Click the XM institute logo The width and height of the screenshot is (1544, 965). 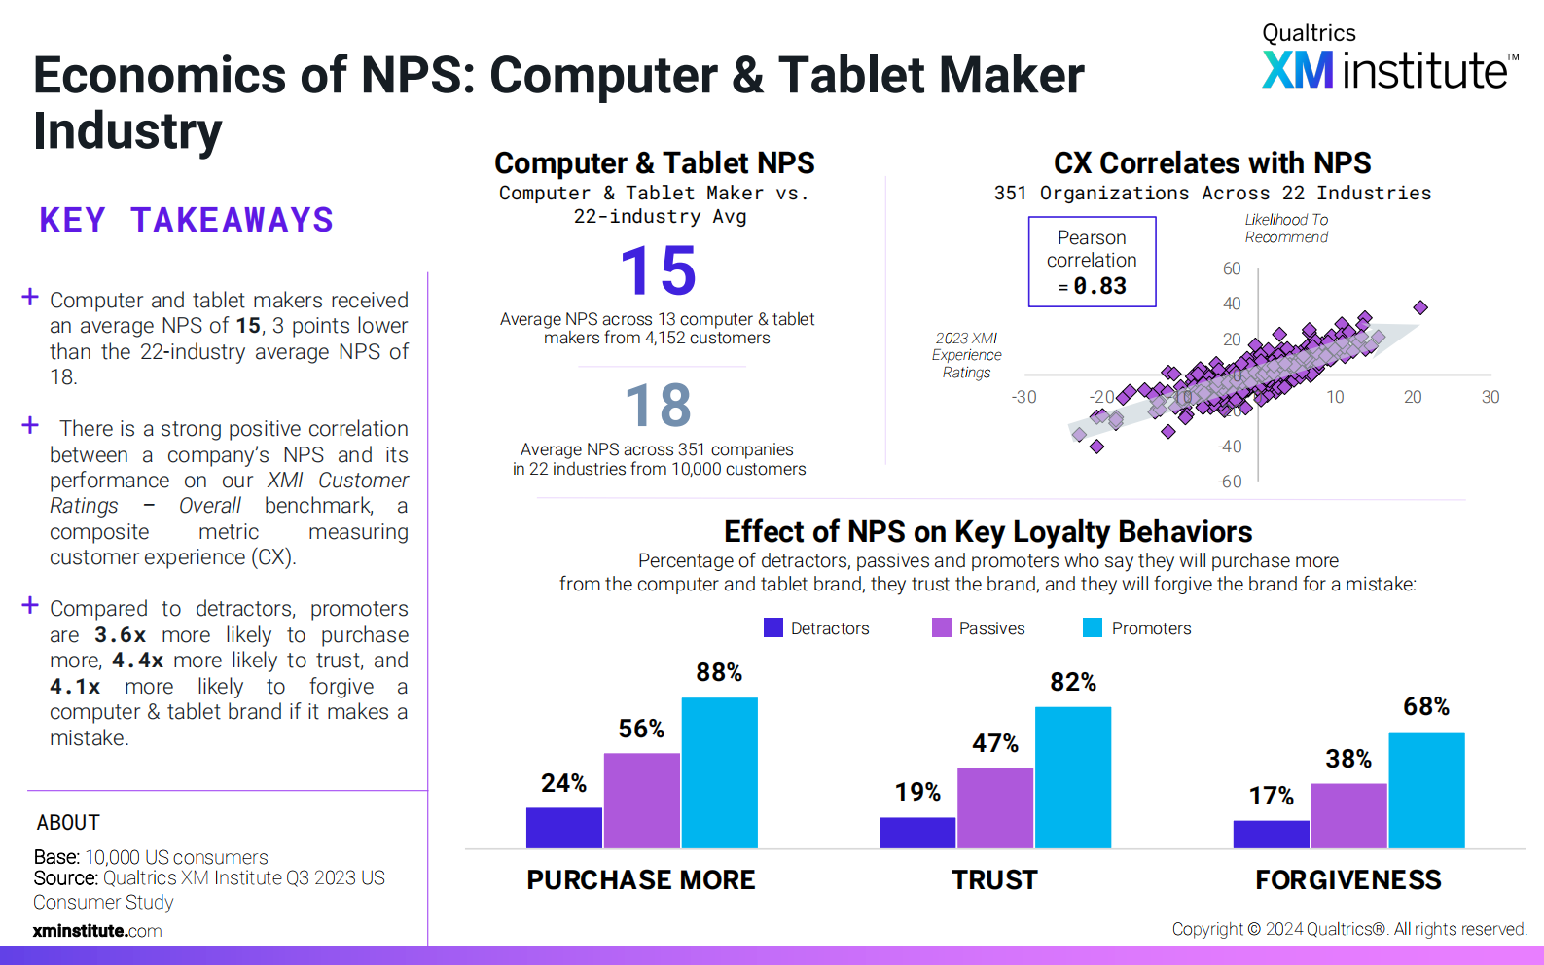pyautogui.click(x=1389, y=60)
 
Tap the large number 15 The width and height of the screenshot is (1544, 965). pyautogui.click(x=659, y=270)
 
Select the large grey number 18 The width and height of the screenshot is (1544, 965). pyautogui.click(x=659, y=405)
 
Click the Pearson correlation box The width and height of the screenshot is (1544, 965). pyautogui.click(x=1092, y=262)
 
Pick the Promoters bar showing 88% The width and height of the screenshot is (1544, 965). pyautogui.click(x=719, y=772)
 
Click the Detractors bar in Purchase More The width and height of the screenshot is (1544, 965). pyautogui.click(x=564, y=827)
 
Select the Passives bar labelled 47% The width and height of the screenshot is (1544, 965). pyautogui.click(x=995, y=807)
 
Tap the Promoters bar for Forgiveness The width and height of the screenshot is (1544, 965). pyautogui.click(x=1426, y=789)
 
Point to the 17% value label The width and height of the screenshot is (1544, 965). pyautogui.click(x=1271, y=796)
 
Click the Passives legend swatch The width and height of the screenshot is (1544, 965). pyautogui.click(x=941, y=627)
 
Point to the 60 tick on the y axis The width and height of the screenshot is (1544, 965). pyautogui.click(x=1232, y=268)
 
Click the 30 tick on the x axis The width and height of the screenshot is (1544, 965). pyautogui.click(x=1490, y=397)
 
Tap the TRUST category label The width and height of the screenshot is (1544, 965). pyautogui.click(x=994, y=879)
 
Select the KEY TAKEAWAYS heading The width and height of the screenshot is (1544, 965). pyautogui.click(x=186, y=220)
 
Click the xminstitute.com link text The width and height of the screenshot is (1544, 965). pyautogui.click(x=97, y=931)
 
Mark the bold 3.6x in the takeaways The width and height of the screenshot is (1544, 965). pyautogui.click(x=121, y=635)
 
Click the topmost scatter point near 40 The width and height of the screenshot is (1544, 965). pyautogui.click(x=1420, y=307)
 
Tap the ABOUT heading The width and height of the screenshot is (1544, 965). pyautogui.click(x=68, y=822)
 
